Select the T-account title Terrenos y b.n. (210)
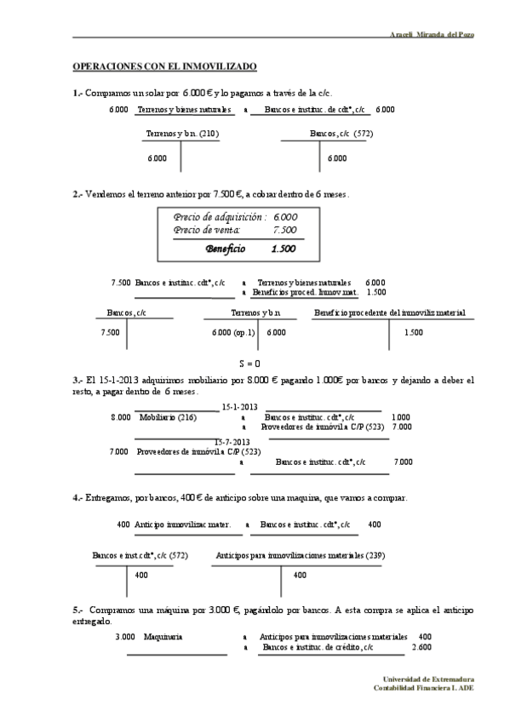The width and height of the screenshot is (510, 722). pos(182,134)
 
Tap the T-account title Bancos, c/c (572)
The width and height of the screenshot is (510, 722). pos(341,134)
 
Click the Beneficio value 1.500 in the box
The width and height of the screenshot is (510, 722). pos(283,249)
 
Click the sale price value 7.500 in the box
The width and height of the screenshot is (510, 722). pos(284,230)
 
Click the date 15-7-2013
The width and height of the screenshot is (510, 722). pos(232,442)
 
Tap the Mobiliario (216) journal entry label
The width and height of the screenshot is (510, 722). pos(168,417)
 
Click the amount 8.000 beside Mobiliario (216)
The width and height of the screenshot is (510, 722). pos(121,417)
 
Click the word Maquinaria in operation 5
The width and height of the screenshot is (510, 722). pos(163,636)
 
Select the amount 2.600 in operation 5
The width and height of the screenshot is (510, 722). pos(421,647)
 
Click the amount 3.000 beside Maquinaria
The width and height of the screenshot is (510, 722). pos(125,636)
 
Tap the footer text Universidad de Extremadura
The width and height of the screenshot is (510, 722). pos(429,678)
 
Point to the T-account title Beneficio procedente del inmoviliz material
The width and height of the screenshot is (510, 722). pos(389,313)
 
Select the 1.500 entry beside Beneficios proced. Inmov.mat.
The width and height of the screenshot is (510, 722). pos(375,292)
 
